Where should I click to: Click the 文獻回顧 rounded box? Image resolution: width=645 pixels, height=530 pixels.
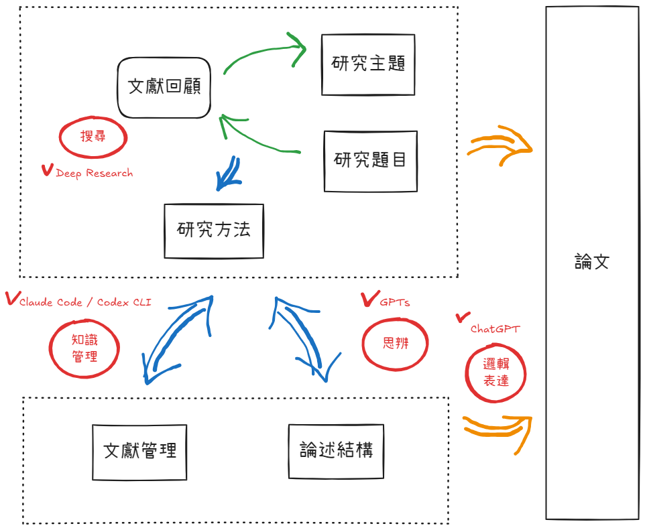pos(164,88)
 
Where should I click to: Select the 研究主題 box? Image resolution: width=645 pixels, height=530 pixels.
pos(368,64)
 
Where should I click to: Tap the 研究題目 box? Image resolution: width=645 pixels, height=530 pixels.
pos(370,161)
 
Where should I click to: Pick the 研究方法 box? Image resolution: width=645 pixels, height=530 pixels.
pos(214,230)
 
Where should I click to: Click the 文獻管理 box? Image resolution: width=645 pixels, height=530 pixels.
pos(140,452)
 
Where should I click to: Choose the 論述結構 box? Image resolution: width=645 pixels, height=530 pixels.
pos(336,452)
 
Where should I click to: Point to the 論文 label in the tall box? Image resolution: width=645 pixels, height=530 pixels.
pos(591,262)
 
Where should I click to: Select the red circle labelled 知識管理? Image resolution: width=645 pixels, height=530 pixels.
pos(84,348)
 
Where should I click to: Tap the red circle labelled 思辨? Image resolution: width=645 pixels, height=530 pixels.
pos(395,344)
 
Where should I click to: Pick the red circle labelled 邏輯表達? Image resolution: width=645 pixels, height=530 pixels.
pos(495,373)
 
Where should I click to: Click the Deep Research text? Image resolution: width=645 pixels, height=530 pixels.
pos(94,174)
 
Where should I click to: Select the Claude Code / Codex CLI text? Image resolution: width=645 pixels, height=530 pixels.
pos(85,303)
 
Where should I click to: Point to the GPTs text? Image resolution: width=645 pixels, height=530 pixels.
pos(394,303)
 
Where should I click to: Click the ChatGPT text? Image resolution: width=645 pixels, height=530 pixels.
pos(495,329)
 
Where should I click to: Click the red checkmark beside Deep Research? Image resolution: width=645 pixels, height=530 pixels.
pos(47,170)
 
